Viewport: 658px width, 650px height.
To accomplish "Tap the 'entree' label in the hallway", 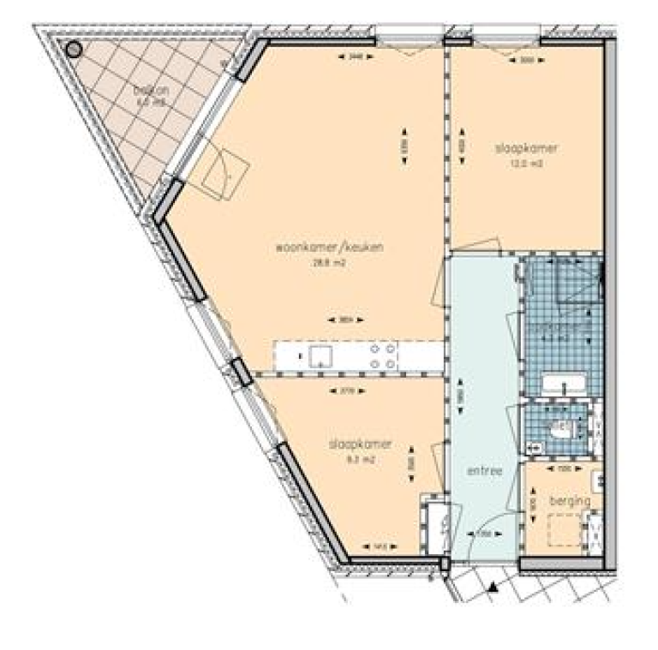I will [x=482, y=471].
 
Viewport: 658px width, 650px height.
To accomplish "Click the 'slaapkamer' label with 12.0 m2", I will [x=526, y=148].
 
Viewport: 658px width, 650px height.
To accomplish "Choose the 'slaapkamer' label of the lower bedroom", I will [x=360, y=444].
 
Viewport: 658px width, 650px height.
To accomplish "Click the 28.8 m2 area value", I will [x=327, y=264].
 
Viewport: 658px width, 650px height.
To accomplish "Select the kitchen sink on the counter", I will [x=322, y=355].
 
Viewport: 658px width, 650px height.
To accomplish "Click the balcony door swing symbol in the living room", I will [x=221, y=171].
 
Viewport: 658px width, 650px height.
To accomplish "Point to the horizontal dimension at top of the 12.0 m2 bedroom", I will [x=526, y=60].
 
